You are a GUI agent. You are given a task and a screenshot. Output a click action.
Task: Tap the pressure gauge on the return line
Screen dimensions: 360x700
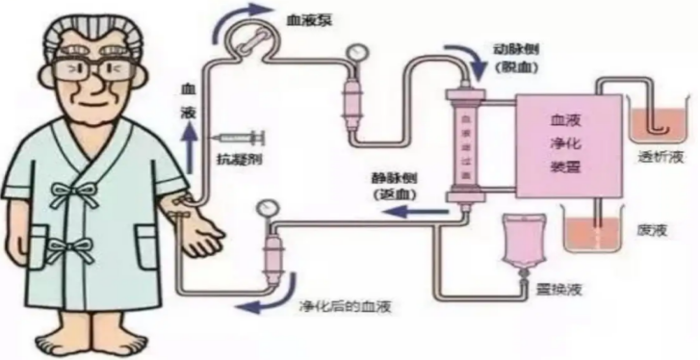264,206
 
